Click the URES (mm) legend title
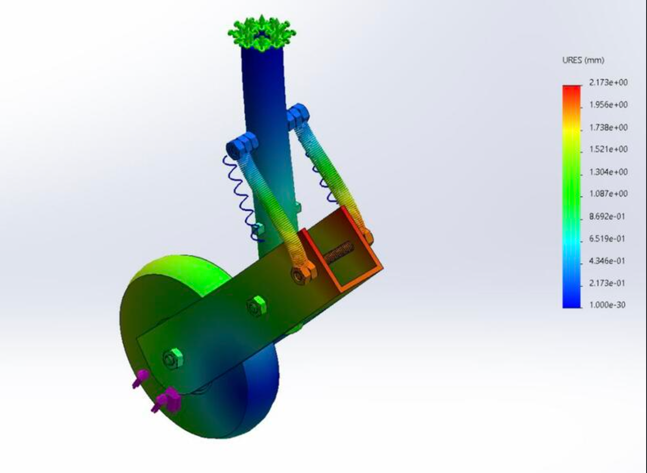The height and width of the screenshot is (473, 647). tap(583, 60)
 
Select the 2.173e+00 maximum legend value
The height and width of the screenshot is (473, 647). tap(608, 82)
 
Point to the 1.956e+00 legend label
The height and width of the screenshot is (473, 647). tap(608, 105)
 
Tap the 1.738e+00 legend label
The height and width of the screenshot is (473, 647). tap(608, 127)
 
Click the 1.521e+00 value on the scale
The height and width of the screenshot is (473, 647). tap(608, 149)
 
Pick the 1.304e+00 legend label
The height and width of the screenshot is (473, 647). tap(608, 172)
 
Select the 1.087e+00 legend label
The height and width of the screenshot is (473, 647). tap(608, 194)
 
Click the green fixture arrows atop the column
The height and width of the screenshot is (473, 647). tap(261, 33)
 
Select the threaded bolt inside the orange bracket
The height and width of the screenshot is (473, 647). tap(338, 253)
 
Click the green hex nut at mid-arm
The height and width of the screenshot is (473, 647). tap(256, 306)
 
